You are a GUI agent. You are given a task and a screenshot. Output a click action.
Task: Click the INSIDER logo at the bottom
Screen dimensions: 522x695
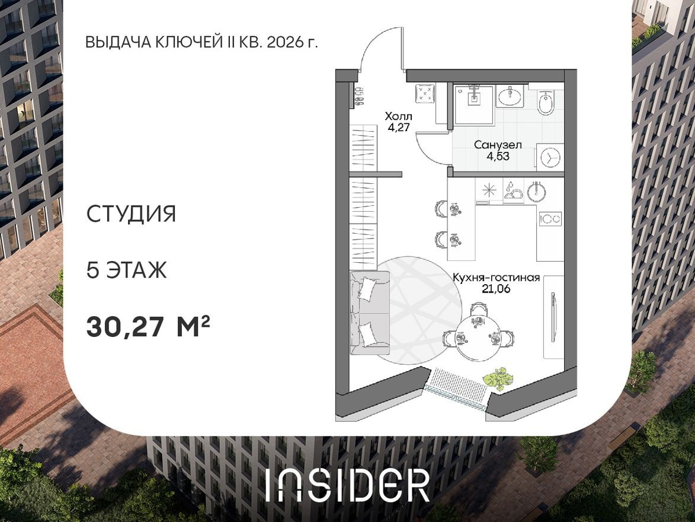click(x=347, y=485)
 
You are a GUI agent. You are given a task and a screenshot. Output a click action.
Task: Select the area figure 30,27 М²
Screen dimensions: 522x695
click(x=148, y=326)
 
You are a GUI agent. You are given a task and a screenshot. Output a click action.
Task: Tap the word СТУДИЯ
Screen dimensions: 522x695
click(x=132, y=214)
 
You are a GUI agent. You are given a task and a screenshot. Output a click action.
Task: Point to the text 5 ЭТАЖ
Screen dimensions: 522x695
click(x=127, y=270)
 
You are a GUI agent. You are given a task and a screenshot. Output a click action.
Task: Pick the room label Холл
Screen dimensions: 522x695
click(x=398, y=116)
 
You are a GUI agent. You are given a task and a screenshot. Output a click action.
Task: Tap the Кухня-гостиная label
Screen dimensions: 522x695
click(x=495, y=278)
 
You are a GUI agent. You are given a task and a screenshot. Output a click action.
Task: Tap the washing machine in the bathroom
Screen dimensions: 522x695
click(x=550, y=157)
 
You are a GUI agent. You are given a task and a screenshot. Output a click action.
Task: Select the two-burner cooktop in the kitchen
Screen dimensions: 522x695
click(x=550, y=219)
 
